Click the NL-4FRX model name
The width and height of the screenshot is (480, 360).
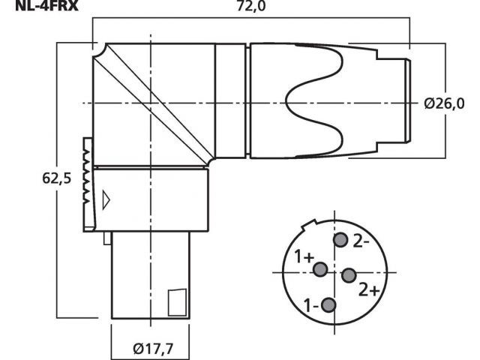(x=46, y=6)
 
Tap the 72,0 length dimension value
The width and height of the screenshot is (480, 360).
(x=251, y=6)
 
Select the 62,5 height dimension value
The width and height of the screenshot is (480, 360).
(x=57, y=178)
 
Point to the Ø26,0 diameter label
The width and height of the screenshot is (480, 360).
(x=444, y=103)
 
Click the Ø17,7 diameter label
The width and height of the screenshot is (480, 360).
(x=153, y=348)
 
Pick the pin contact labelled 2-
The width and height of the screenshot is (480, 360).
(x=340, y=240)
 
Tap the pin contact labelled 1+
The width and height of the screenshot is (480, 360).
(x=320, y=269)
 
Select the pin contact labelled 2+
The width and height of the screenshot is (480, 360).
(x=349, y=275)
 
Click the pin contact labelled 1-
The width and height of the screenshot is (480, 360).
(x=328, y=305)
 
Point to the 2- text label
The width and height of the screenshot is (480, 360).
(x=361, y=241)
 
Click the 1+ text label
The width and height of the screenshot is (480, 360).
(x=304, y=256)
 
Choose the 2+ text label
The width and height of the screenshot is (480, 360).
(x=369, y=289)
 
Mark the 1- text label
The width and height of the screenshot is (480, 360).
(x=311, y=305)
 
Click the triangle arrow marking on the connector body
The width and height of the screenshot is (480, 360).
(x=106, y=200)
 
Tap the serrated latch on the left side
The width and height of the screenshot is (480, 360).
(x=88, y=184)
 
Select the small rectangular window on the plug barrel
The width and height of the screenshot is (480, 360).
(x=177, y=302)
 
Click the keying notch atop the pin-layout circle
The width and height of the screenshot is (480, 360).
(x=309, y=225)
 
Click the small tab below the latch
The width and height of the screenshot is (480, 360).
(x=107, y=238)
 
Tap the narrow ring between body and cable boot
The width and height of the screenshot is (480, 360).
(x=248, y=101)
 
